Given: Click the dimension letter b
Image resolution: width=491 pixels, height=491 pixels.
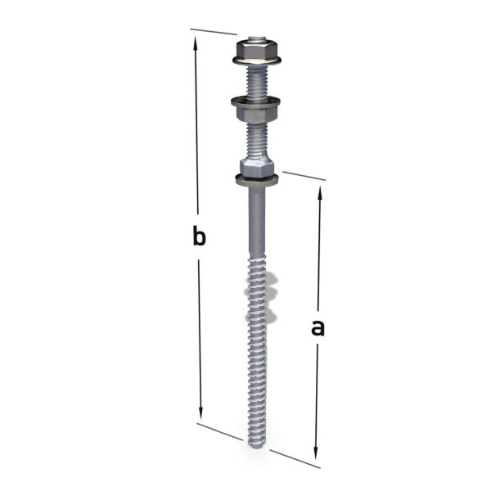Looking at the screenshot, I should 197,237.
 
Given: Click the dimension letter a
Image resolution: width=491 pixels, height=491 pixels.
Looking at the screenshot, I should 318,328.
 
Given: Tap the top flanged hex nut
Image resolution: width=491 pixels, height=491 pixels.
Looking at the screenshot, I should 257,50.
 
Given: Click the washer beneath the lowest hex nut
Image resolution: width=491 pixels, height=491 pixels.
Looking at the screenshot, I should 258,179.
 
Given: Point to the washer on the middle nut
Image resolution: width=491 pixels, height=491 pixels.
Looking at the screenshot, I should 257,101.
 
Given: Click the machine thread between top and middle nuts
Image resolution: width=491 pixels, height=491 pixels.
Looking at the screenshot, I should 257,81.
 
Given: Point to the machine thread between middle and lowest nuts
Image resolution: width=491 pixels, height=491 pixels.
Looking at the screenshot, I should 257,139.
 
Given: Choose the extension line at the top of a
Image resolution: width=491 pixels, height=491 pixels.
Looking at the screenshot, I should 304,176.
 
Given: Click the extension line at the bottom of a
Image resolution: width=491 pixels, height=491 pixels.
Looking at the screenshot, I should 295,459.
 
